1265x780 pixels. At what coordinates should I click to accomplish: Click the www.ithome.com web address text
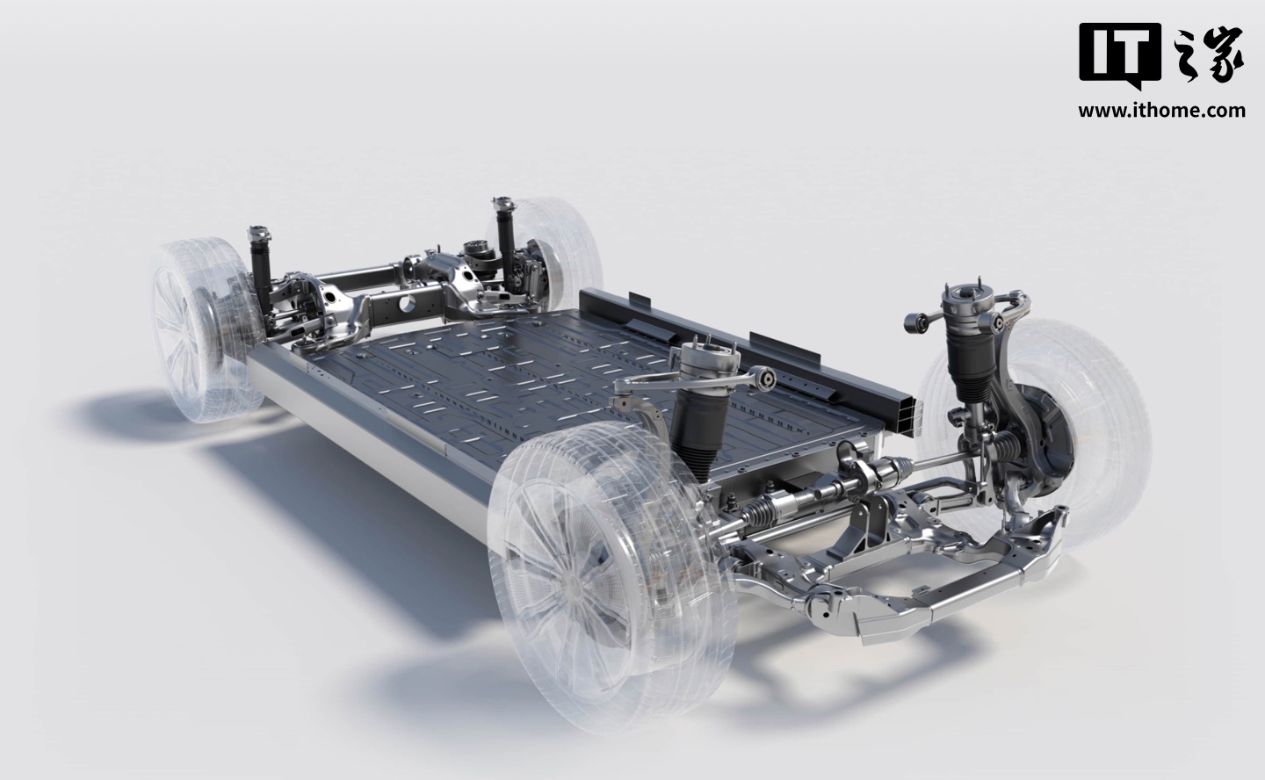pyautogui.click(x=1161, y=110)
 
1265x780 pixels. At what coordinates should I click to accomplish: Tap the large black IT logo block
pyautogui.click(x=1119, y=54)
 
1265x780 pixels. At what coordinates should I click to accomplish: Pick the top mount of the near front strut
pyautogui.click(x=706, y=353)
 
